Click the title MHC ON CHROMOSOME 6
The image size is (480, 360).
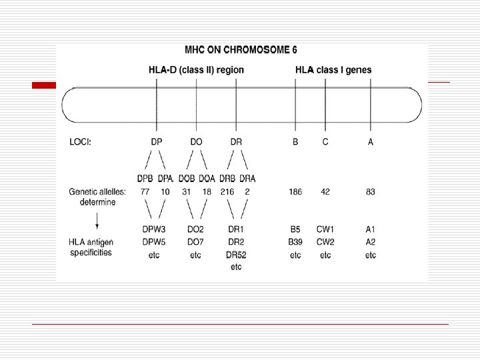point(241,49)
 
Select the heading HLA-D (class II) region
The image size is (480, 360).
point(196,70)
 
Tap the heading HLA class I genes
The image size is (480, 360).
point(333,70)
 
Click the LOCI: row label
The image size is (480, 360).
point(80,142)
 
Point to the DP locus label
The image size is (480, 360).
point(157,142)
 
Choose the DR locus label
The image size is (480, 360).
point(236,142)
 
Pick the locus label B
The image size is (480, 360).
point(295,142)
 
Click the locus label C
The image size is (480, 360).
point(325,142)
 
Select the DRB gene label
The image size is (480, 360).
point(227,179)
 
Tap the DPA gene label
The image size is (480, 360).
point(165,179)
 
